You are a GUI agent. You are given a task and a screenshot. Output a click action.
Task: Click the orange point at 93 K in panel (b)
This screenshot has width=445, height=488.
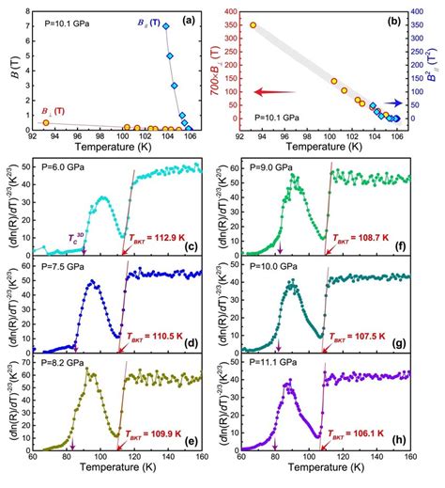coord(253,25)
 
